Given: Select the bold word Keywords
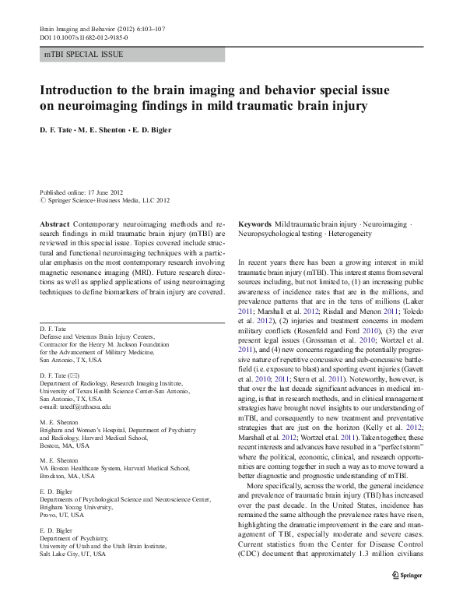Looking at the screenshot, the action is (x=254, y=223).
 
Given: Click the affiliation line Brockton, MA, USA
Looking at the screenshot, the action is (x=67, y=475).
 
